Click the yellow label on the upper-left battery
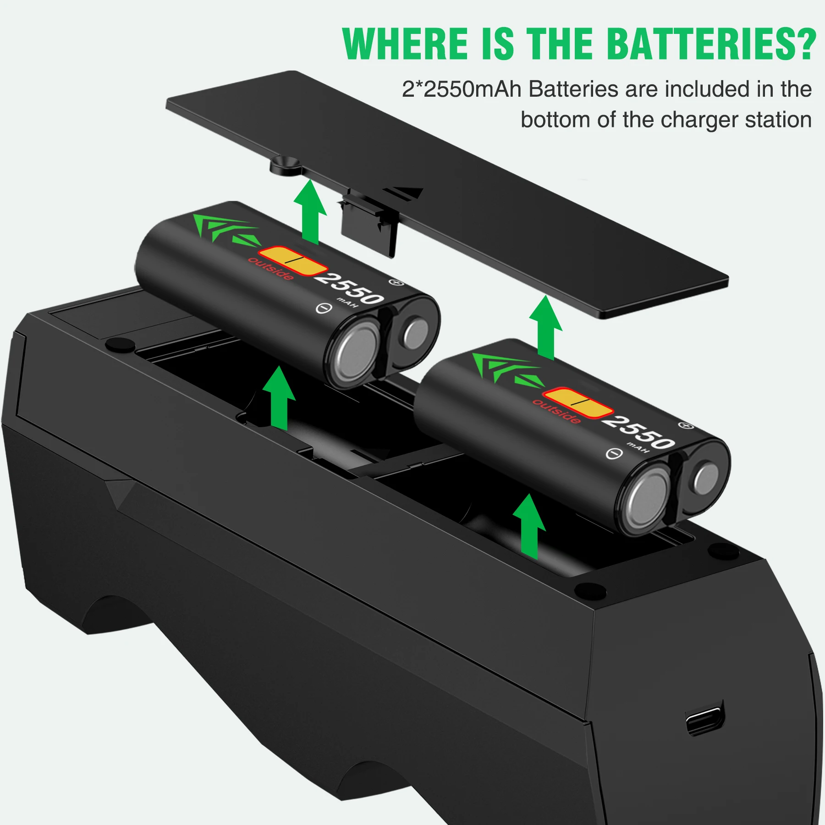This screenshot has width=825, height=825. click(x=293, y=261)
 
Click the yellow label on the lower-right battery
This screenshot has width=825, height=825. click(x=577, y=403)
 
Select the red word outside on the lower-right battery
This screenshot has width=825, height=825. click(x=556, y=411)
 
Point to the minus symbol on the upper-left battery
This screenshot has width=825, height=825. click(x=324, y=308)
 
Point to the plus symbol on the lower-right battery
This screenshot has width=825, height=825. click(x=686, y=426)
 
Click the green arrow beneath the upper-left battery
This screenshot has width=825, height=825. click(x=279, y=397)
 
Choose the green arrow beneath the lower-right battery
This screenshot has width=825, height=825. click(x=529, y=526)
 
